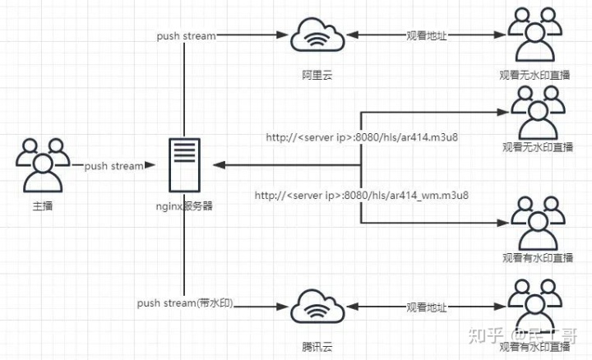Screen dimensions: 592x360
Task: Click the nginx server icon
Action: [184, 165]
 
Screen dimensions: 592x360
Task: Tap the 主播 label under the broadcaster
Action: [42, 206]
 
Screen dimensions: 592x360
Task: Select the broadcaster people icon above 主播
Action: [43, 165]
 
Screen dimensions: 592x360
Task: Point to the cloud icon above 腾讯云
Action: [317, 306]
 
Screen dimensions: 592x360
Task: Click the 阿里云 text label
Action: [317, 75]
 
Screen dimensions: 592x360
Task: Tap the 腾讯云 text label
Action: [317, 346]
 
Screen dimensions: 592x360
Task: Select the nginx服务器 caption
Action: [184, 206]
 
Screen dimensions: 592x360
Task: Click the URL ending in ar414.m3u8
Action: [362, 137]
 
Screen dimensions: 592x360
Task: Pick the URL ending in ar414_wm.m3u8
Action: [361, 195]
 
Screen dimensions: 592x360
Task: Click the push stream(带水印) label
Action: [185, 302]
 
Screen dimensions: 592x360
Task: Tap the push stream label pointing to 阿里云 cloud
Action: [187, 36]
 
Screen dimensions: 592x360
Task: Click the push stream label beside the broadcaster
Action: [113, 166]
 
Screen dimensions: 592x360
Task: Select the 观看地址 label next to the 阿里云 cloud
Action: [427, 36]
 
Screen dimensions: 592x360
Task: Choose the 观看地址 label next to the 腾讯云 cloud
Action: [427, 307]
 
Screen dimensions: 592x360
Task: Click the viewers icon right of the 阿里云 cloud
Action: [534, 35]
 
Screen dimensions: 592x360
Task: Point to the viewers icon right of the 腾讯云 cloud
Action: [534, 306]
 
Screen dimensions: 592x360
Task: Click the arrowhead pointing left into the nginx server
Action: [220, 165]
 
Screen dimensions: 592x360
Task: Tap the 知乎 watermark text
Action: [486, 335]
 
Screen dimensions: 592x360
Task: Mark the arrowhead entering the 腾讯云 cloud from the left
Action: [282, 307]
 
